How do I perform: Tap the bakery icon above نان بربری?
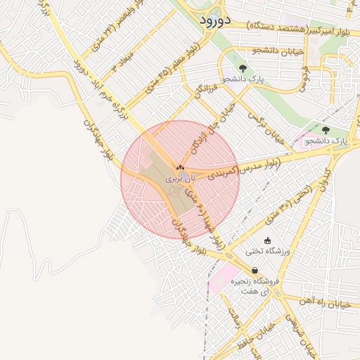(x=180, y=167)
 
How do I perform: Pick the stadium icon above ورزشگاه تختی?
(x=266, y=240)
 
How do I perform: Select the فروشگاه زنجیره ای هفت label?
(x=259, y=285)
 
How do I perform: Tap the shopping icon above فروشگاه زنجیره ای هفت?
(x=254, y=270)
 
